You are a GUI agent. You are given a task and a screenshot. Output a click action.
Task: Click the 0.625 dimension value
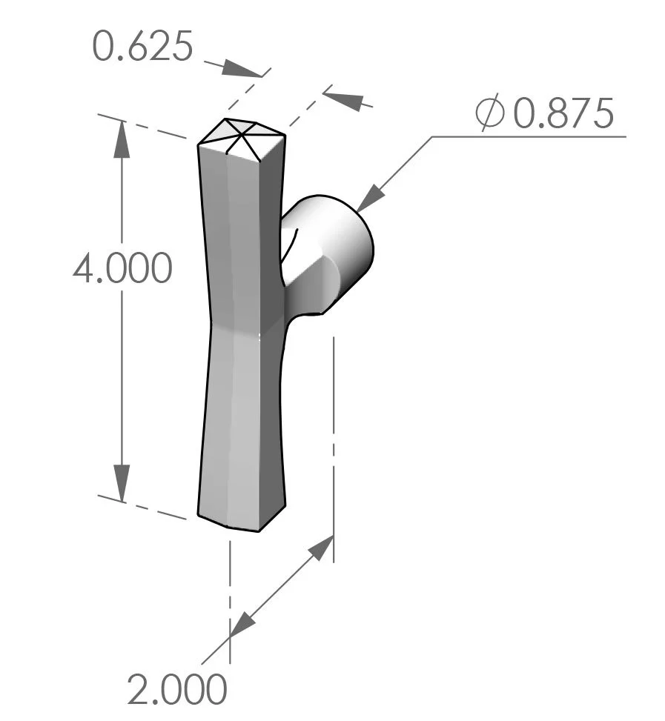click(x=142, y=47)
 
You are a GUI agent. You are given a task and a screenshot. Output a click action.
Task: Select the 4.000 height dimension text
click(x=122, y=268)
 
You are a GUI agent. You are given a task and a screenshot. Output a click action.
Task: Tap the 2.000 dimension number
click(x=176, y=690)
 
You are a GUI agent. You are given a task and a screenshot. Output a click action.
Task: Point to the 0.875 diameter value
click(x=564, y=114)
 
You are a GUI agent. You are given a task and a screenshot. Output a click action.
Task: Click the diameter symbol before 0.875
click(x=490, y=114)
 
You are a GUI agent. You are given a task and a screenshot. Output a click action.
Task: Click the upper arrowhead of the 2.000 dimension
click(x=320, y=549)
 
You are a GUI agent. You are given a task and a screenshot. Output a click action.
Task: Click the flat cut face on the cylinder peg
click(x=311, y=282)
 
